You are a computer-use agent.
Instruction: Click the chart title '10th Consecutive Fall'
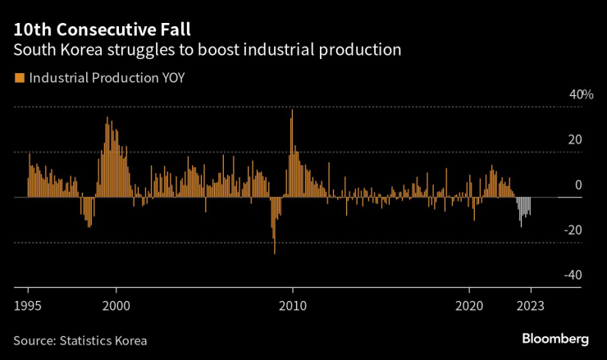(x=102, y=30)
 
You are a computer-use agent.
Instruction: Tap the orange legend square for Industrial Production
(x=18, y=79)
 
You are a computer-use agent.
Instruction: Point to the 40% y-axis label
(x=581, y=95)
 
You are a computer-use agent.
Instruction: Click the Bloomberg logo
(x=555, y=339)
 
